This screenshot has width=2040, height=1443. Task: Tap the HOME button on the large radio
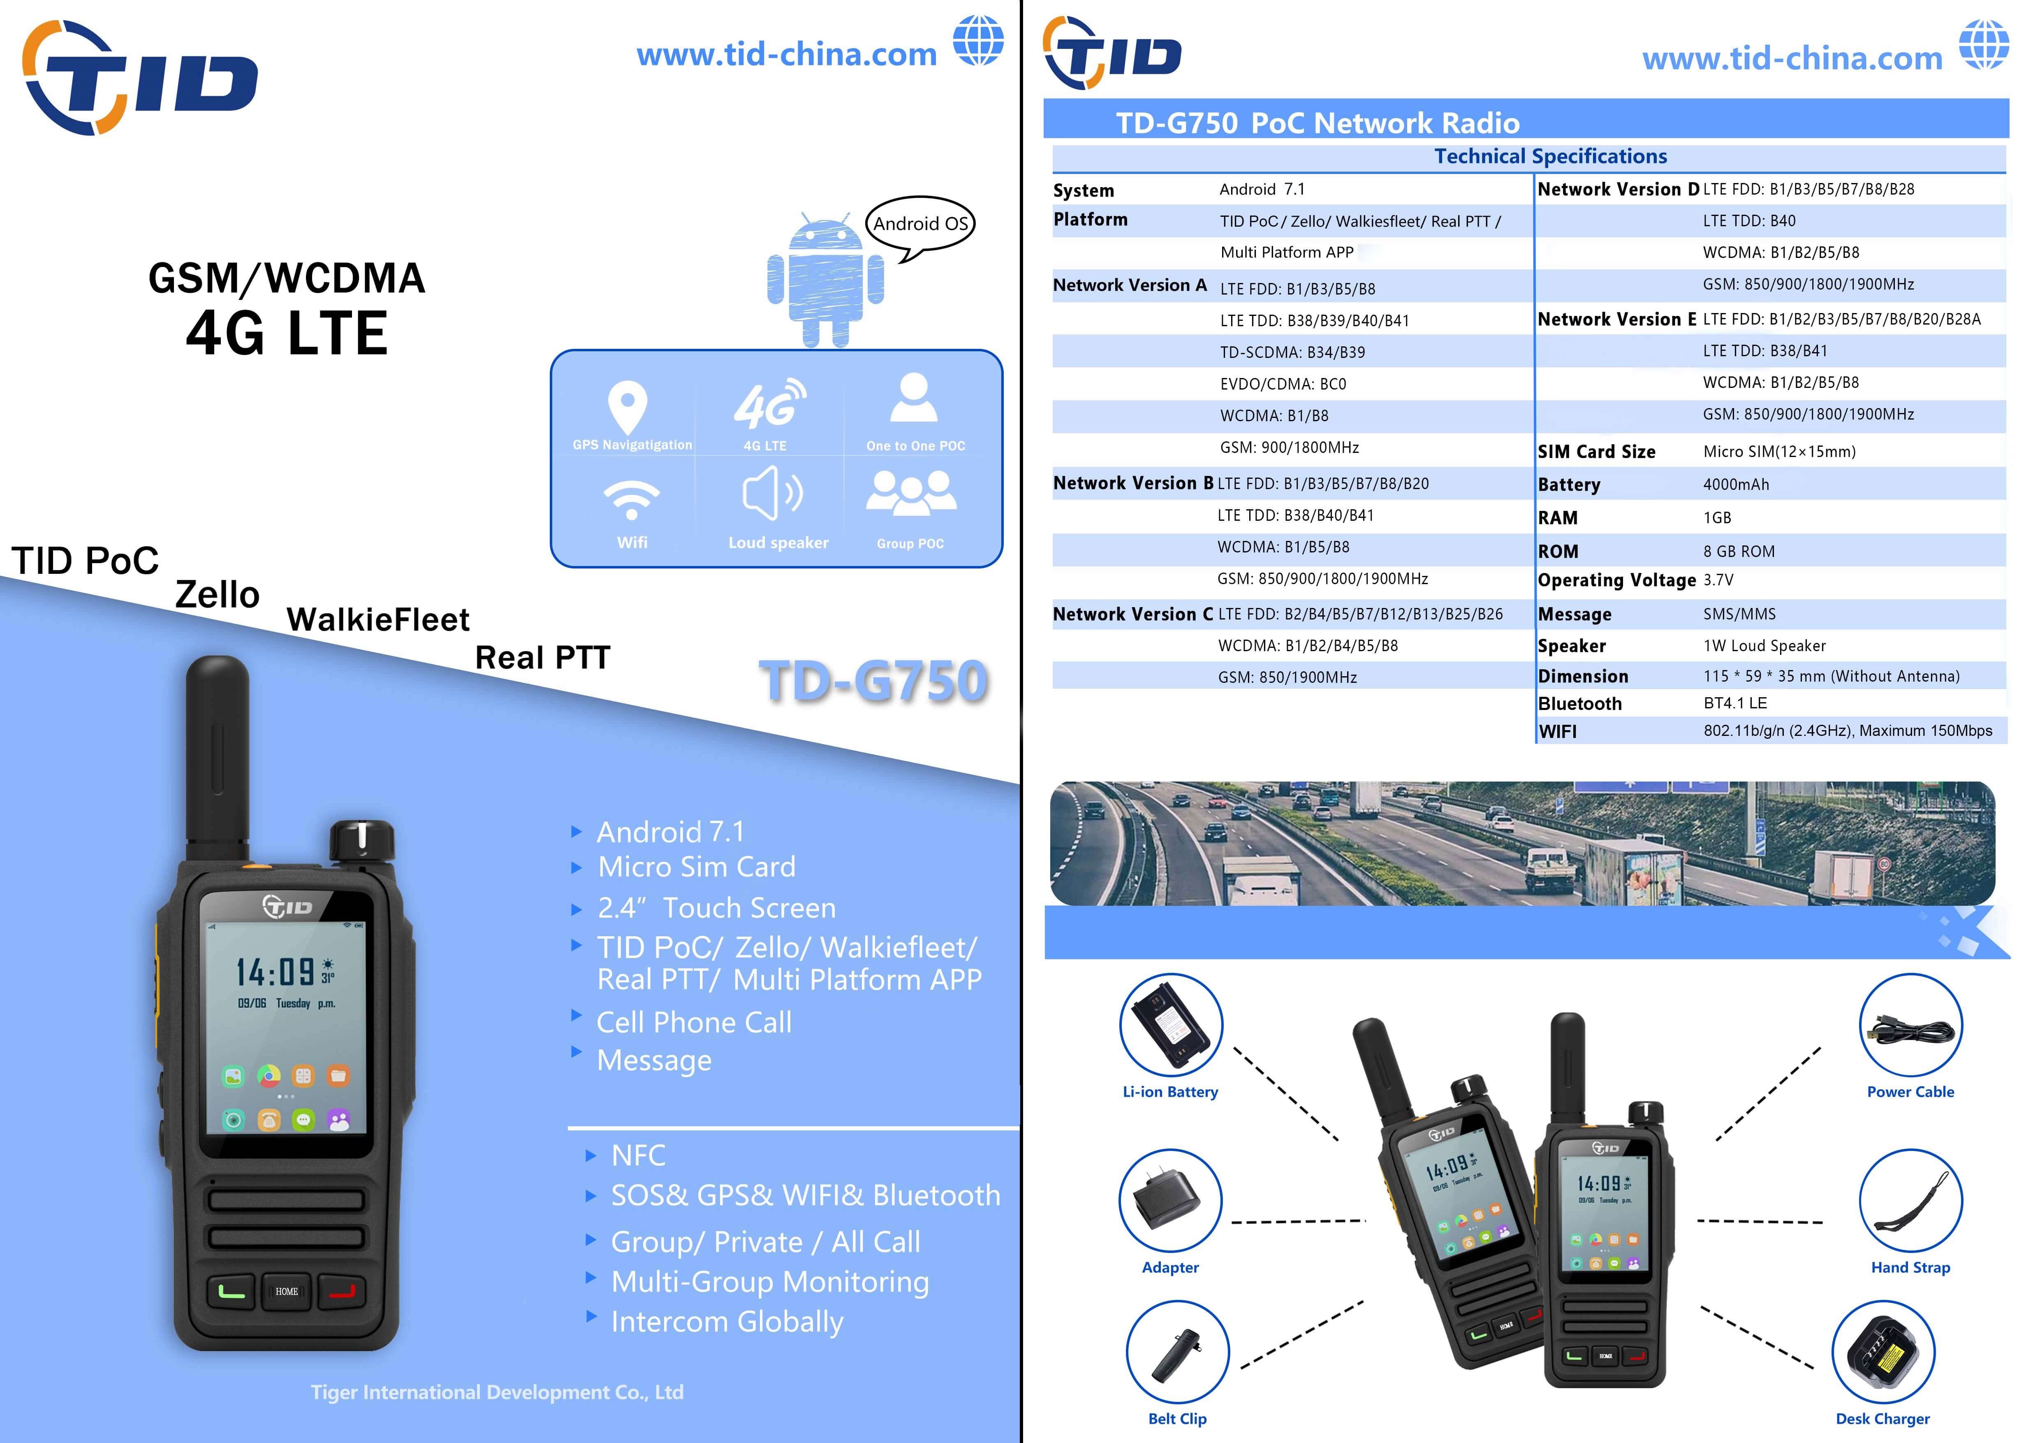(286, 1291)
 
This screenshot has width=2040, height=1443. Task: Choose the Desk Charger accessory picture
(1883, 1353)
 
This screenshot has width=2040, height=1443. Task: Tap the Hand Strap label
(1910, 1267)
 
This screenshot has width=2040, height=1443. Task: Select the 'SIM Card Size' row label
(1597, 451)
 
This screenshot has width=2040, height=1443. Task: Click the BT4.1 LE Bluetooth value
(1735, 703)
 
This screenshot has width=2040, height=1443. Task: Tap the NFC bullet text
(638, 1155)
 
